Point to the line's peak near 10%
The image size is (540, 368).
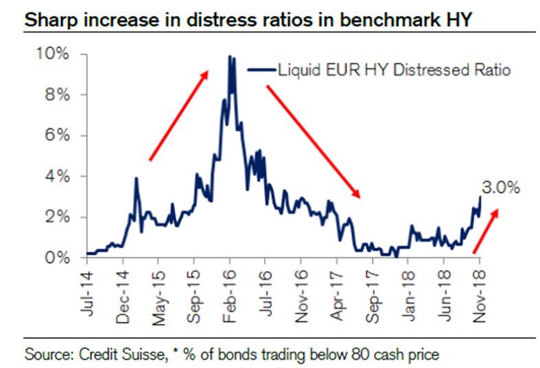click(x=230, y=57)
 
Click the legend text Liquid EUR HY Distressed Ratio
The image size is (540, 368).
click(x=394, y=70)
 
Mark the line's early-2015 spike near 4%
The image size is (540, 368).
click(x=136, y=179)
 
